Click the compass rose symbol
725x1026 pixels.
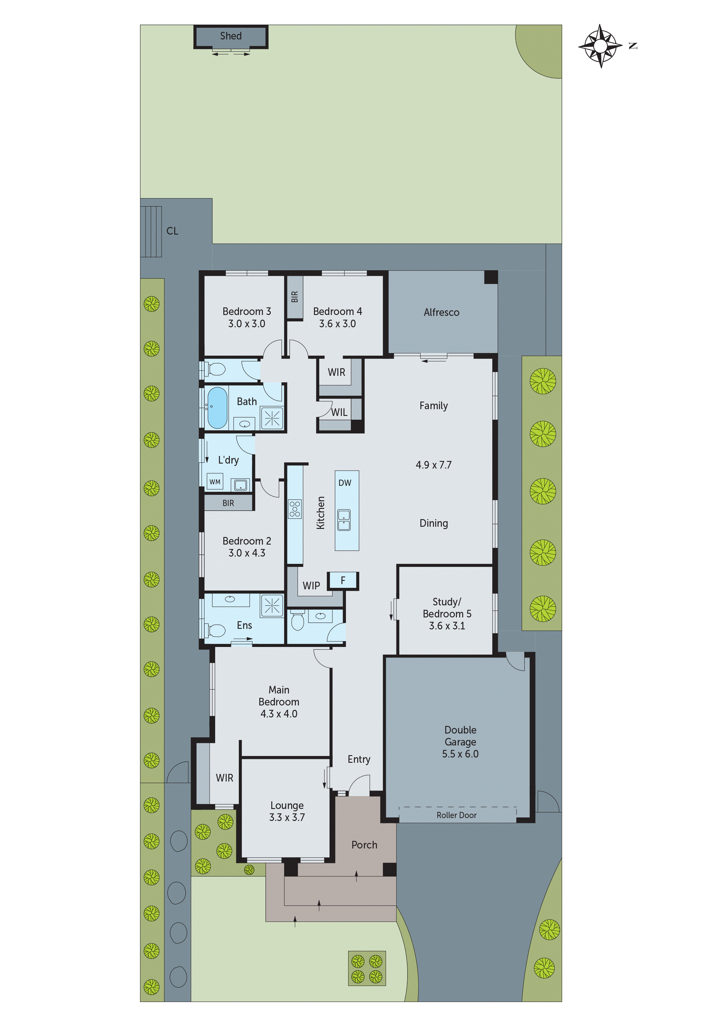[600, 46]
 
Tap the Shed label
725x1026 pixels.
[230, 36]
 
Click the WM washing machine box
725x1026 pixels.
[215, 482]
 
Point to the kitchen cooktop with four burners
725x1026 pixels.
[295, 509]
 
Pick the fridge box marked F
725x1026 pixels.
[343, 581]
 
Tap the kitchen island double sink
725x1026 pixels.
[344, 520]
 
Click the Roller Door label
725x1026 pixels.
[457, 815]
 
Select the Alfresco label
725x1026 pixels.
[441, 312]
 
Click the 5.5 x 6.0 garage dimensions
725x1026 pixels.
[460, 754]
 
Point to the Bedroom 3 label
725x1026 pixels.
[246, 311]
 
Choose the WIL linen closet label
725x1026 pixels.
[339, 412]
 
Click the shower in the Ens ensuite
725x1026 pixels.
[272, 606]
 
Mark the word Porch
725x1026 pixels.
[364, 845]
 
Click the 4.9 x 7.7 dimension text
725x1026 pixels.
[433, 465]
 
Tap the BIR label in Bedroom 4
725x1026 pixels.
[294, 297]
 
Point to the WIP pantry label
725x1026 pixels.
[311, 586]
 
